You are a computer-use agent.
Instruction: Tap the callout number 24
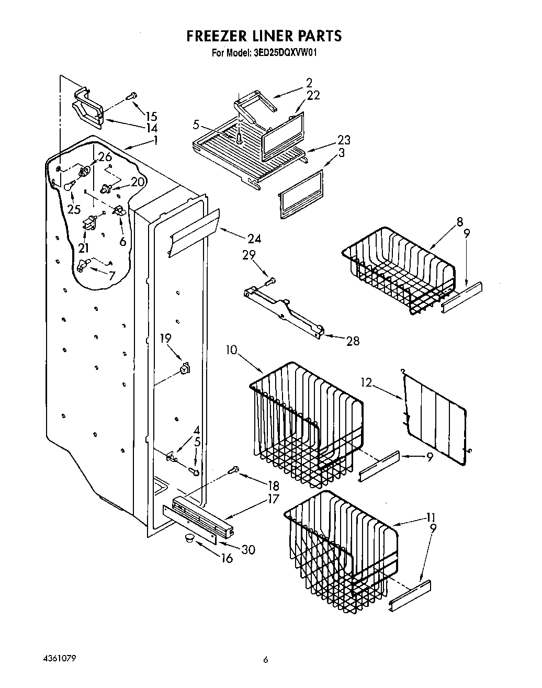[x=254, y=239]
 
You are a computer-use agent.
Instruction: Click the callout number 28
[x=353, y=341]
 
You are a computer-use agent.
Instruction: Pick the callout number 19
[x=166, y=339]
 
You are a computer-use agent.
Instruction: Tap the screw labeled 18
[x=233, y=470]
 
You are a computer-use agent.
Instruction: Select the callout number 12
[x=366, y=383]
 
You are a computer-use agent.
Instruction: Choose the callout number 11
[x=430, y=517]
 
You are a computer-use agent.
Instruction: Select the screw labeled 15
[x=132, y=96]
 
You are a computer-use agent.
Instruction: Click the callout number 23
[x=344, y=140]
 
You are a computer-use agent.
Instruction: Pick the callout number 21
[x=84, y=247]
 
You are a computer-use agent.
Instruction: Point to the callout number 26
[x=105, y=156]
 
